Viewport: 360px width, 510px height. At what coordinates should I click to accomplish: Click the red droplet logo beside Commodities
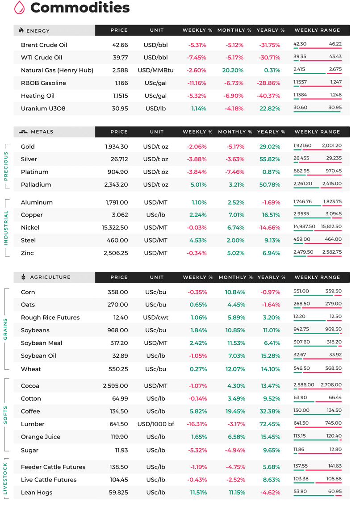pos(20,8)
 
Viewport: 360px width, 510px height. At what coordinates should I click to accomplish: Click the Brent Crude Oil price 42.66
pos(120,45)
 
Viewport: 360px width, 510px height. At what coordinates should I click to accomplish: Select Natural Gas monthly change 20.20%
pos(233,70)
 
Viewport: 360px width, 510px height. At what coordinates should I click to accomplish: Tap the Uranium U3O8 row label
pos(43,109)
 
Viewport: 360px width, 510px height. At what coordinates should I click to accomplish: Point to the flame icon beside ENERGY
pos(21,30)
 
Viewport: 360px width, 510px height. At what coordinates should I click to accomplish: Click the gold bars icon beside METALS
pos(23,132)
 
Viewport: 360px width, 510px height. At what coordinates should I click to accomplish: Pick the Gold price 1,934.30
pos(117,146)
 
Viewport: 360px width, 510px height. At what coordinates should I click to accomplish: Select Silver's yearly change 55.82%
pos(270,159)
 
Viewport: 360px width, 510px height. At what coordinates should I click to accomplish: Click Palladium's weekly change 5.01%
pos(198,185)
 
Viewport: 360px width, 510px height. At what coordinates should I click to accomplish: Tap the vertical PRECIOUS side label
pos(6,166)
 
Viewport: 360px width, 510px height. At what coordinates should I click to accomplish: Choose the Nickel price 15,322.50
pos(115,228)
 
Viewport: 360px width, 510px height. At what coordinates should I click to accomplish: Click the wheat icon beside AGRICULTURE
pos(23,277)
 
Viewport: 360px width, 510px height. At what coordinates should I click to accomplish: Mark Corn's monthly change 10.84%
pos(235,292)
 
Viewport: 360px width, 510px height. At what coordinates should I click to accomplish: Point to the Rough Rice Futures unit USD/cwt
pos(156,318)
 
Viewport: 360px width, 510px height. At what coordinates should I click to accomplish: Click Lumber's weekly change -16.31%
pos(197,424)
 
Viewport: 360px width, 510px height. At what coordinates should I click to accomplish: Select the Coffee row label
pos(30,411)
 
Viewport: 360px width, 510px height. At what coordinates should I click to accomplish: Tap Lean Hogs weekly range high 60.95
pos(335,491)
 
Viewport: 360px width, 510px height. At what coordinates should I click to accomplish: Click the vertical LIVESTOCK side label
pos(5,478)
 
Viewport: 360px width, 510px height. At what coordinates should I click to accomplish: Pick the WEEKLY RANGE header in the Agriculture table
pos(318,277)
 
